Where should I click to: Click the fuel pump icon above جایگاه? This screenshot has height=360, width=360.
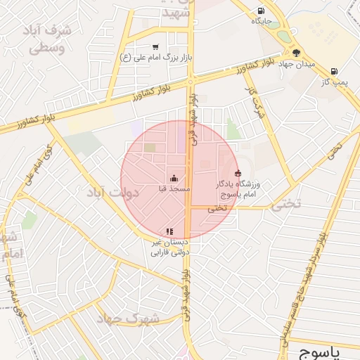pos(262,11)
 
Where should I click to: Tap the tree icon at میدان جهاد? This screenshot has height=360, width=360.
pos(296,52)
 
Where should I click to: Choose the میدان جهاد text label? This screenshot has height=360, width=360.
pos(295,64)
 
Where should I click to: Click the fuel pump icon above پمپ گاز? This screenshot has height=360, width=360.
pos(333,71)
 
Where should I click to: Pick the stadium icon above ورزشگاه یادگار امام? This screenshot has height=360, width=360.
pos(238,173)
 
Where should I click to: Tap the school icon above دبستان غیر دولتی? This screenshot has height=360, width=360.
pos(169,231)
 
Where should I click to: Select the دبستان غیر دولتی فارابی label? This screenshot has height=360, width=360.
pos(172,247)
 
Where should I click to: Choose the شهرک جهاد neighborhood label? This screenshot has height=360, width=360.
pos(131,319)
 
